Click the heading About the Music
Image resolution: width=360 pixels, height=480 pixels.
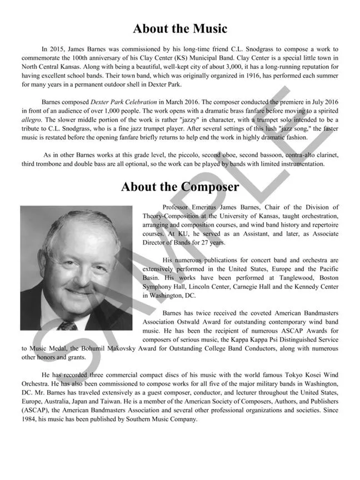(x=180, y=28)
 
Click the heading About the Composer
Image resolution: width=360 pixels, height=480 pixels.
(x=180, y=187)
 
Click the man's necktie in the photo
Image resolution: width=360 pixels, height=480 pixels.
(x=67, y=324)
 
